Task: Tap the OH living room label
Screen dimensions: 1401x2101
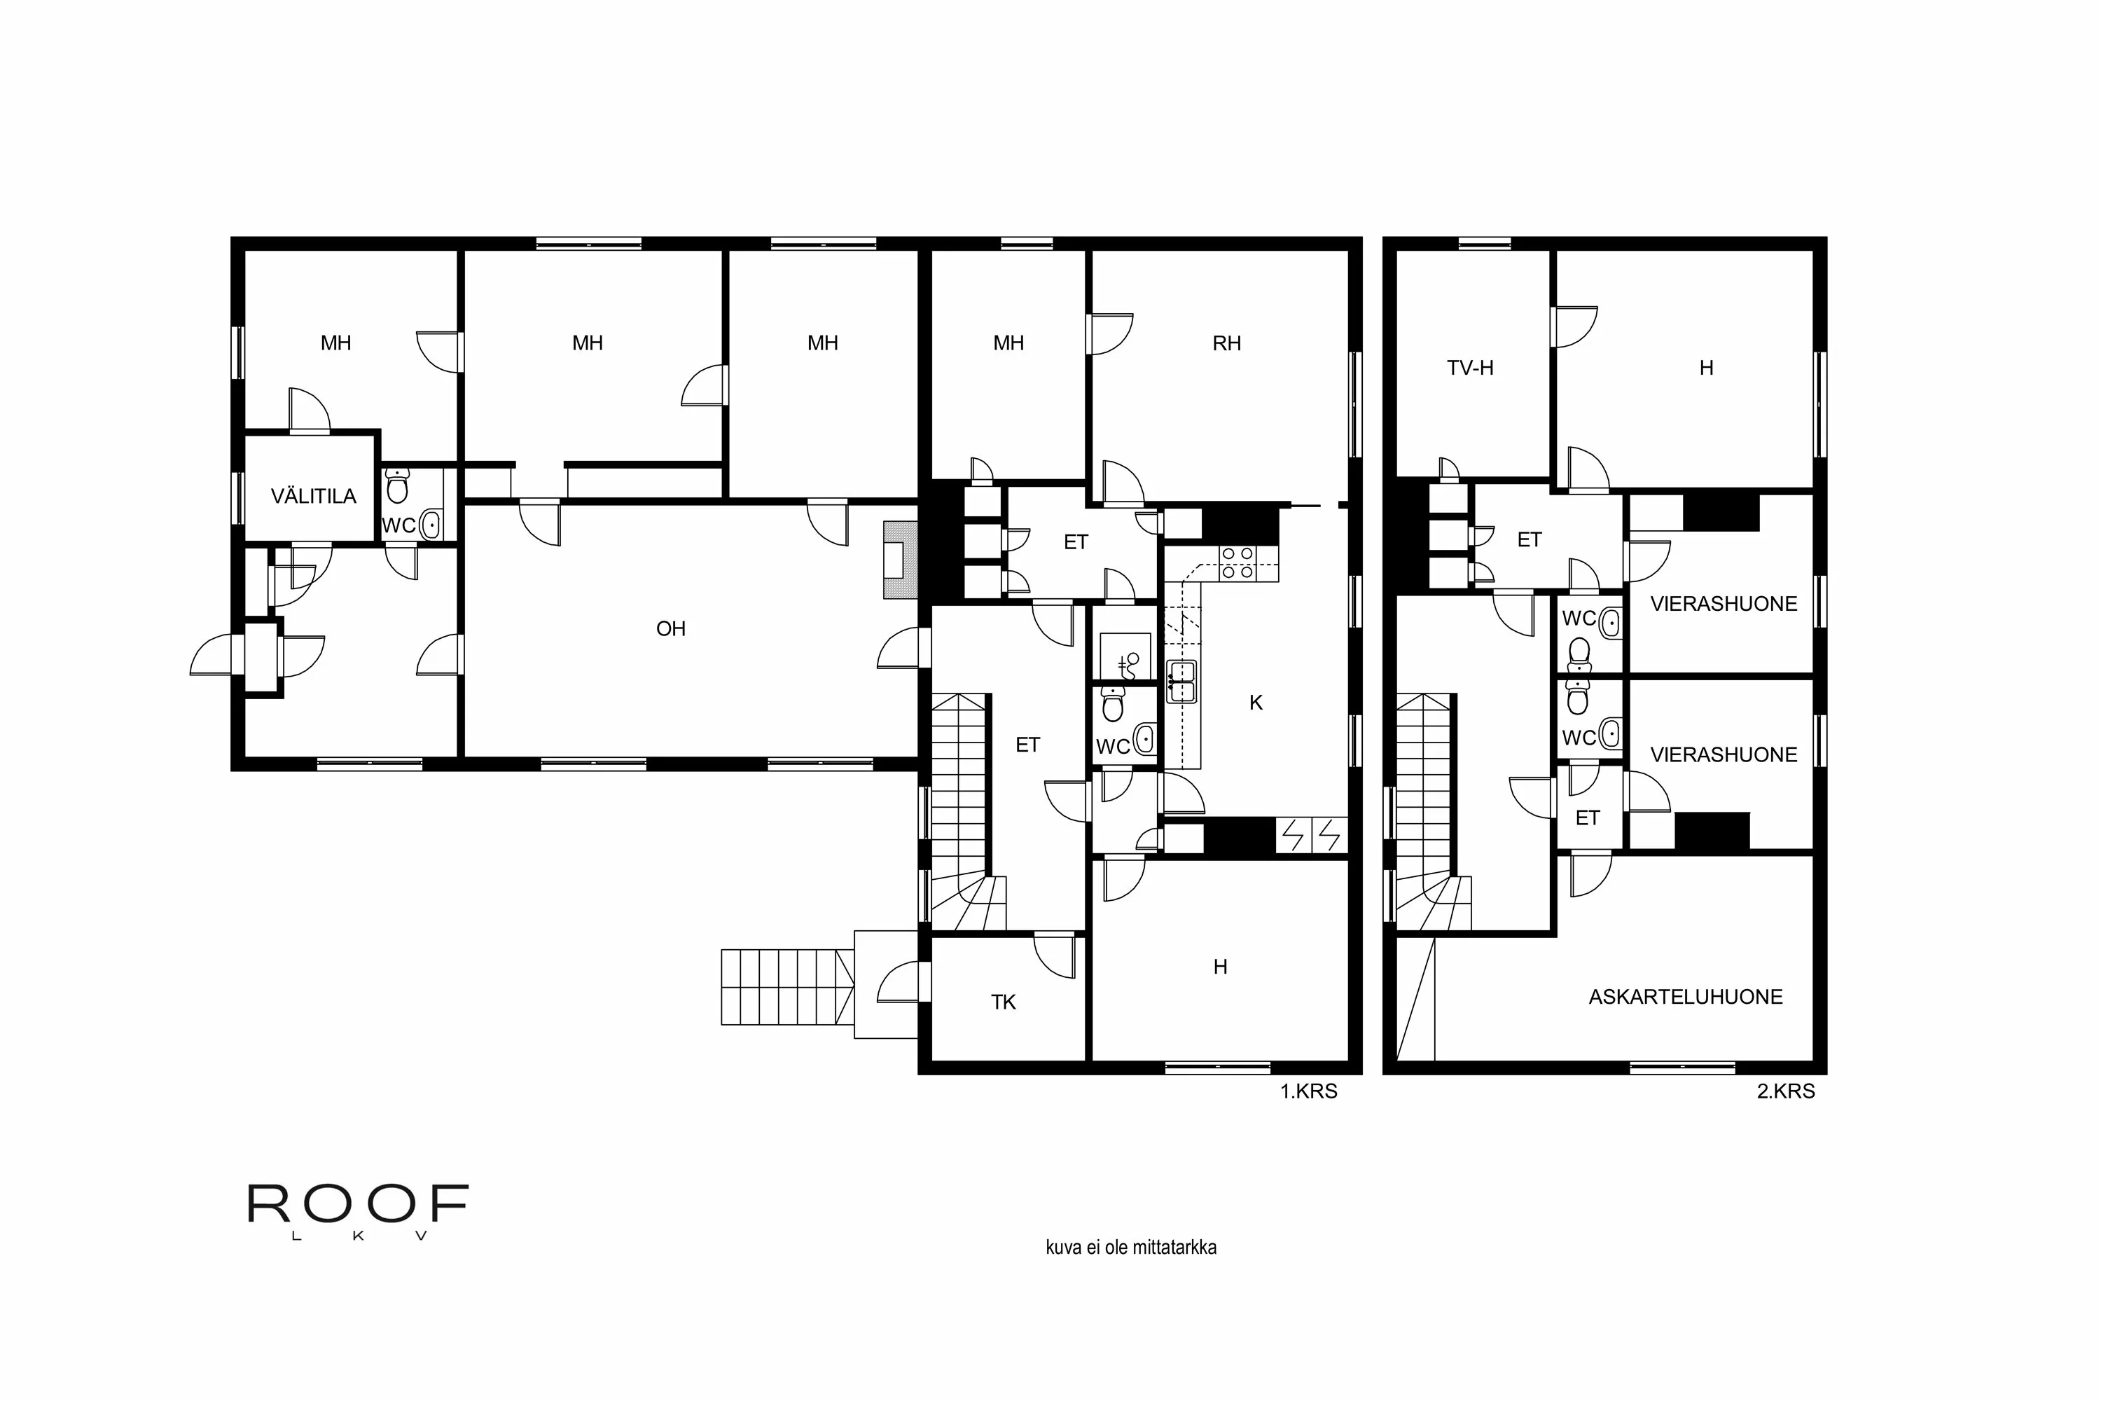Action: coord(670,629)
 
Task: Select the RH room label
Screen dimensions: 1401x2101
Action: coord(1226,344)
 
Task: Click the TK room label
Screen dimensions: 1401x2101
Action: coord(1003,1002)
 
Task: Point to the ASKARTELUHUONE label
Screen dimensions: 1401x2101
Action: coord(1685,997)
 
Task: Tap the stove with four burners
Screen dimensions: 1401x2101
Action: coord(1238,564)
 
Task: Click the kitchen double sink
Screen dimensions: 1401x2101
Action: coord(1181,681)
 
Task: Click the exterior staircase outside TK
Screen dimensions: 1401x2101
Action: coord(785,986)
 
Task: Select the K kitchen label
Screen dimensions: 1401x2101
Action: coord(1255,703)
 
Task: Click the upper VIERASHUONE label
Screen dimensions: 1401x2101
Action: coord(1722,604)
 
